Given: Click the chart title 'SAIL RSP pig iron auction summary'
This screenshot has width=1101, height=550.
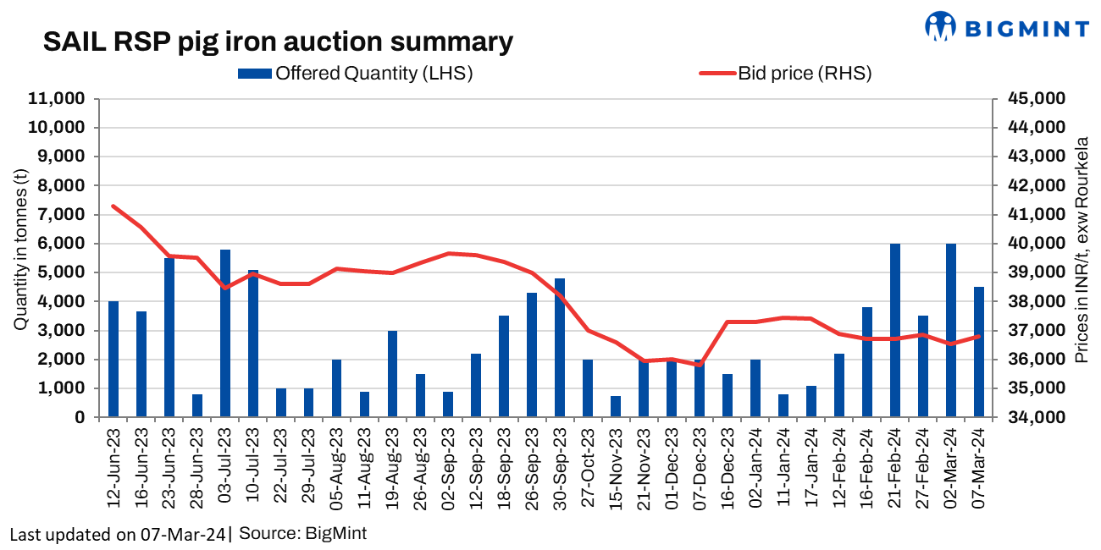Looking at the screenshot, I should click(278, 42).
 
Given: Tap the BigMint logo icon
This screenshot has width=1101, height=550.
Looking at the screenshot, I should click(940, 26).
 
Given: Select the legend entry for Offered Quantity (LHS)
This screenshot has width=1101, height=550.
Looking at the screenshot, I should click(356, 73).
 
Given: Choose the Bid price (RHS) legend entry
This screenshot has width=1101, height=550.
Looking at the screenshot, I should click(785, 73).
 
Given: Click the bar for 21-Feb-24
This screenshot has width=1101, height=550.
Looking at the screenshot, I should click(894, 331).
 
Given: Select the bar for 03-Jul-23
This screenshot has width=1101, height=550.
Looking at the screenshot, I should click(225, 333).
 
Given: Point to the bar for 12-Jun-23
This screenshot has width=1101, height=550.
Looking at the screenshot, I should click(113, 360).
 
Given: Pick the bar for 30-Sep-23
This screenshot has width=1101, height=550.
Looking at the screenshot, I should click(560, 348).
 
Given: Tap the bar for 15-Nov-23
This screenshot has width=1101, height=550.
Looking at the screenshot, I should click(616, 406).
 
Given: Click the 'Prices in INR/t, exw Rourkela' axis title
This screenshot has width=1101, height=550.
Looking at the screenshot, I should click(1082, 250).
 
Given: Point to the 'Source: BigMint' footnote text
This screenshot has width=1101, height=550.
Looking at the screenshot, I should click(302, 534).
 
